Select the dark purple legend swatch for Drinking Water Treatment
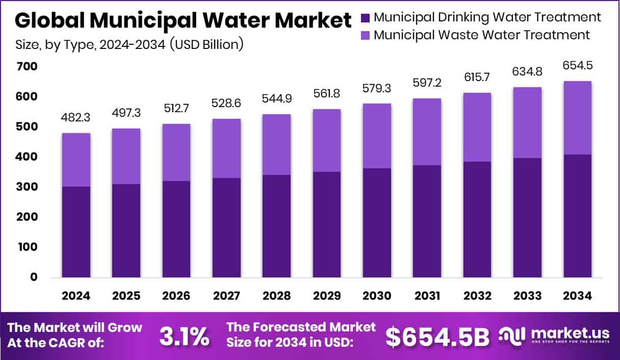tap(366, 17)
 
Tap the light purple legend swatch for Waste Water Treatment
tap(366, 35)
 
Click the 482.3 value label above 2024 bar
tap(76, 117)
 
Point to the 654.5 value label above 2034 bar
tap(578, 65)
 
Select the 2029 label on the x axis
tap(327, 296)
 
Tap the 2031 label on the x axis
tap(427, 296)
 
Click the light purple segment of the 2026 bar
tap(176, 152)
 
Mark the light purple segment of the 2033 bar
tap(527, 122)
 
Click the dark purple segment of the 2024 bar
tap(76, 232)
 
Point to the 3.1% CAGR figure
tap(184, 336)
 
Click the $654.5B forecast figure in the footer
tap(437, 336)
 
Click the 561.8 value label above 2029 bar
tap(327, 93)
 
